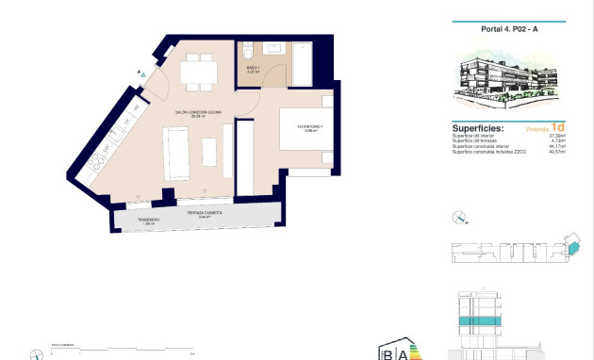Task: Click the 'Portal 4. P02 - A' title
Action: click(x=508, y=30)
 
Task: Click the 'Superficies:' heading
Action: click(x=478, y=127)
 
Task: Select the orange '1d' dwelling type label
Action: click(x=558, y=127)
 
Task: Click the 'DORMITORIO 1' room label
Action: click(x=310, y=126)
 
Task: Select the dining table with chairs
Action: click(x=199, y=68)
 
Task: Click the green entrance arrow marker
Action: click(x=141, y=72)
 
